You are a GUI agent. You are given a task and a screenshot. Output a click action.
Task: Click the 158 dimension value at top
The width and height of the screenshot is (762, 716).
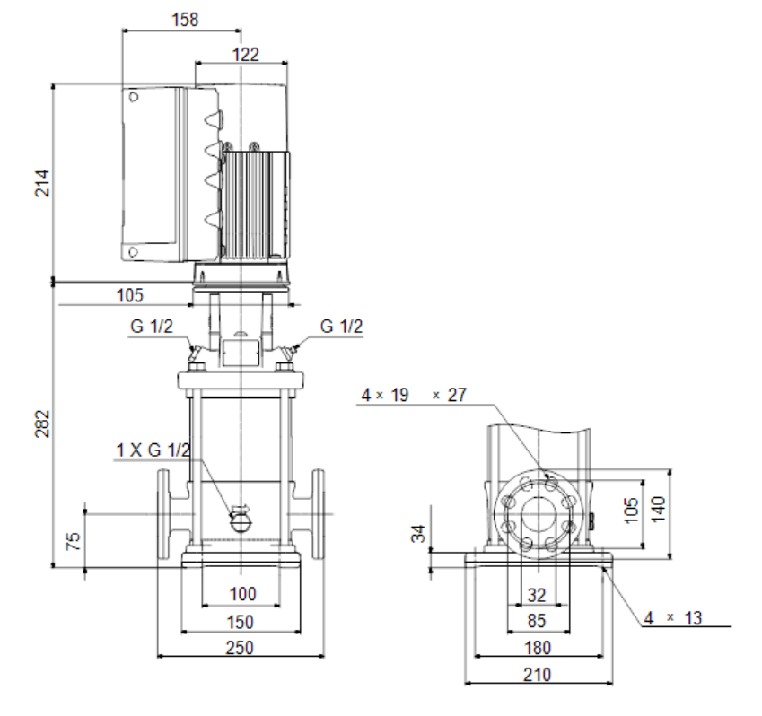[x=185, y=20]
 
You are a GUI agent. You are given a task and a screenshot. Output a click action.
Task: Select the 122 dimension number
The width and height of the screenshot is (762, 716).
[x=245, y=54]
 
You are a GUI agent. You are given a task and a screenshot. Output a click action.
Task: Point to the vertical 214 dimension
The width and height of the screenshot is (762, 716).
[x=42, y=183]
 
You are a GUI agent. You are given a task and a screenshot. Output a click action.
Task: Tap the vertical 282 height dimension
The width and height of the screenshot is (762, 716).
[x=42, y=423]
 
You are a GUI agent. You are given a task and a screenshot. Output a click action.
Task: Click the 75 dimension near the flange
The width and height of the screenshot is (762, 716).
[x=73, y=541]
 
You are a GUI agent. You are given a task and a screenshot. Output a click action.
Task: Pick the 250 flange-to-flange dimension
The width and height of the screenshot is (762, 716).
[x=240, y=648]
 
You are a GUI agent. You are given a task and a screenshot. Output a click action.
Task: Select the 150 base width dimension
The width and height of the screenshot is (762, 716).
[x=240, y=622]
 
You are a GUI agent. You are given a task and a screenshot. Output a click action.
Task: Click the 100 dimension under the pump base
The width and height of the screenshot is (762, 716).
[x=242, y=594]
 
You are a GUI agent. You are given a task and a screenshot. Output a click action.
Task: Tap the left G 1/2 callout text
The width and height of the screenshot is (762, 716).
[x=151, y=326]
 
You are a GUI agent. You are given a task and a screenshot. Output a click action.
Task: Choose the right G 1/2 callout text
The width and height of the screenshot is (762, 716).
[x=341, y=326]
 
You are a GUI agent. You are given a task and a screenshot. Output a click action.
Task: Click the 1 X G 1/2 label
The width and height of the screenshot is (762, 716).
[x=153, y=450]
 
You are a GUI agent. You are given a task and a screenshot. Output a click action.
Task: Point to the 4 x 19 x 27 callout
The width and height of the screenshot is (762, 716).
[x=414, y=395]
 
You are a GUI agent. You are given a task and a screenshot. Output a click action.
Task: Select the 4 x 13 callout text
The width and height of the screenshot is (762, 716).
[x=673, y=618]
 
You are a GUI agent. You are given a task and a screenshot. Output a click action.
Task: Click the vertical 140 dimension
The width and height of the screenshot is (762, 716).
[x=658, y=509]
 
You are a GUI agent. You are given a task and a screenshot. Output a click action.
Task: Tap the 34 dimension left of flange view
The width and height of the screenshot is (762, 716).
[x=418, y=533]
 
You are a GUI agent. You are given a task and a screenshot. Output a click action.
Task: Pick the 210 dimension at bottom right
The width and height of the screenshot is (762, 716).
[x=537, y=675]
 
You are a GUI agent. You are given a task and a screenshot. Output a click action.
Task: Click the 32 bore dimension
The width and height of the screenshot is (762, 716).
[x=537, y=595]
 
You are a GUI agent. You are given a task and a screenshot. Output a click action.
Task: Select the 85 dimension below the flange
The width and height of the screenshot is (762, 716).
[x=537, y=621]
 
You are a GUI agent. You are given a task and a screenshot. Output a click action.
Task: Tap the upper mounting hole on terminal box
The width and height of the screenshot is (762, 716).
[x=134, y=97]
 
